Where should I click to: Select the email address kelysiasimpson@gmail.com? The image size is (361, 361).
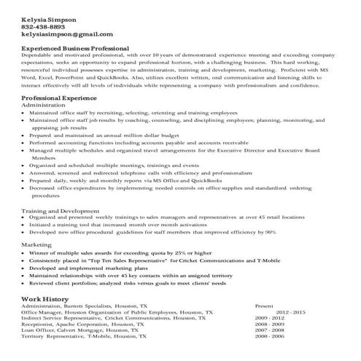click(67, 34)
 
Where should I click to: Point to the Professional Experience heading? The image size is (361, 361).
click(62, 97)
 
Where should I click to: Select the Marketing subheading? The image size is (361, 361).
click(36, 244)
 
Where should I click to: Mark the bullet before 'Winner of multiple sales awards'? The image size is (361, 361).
click(25, 252)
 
